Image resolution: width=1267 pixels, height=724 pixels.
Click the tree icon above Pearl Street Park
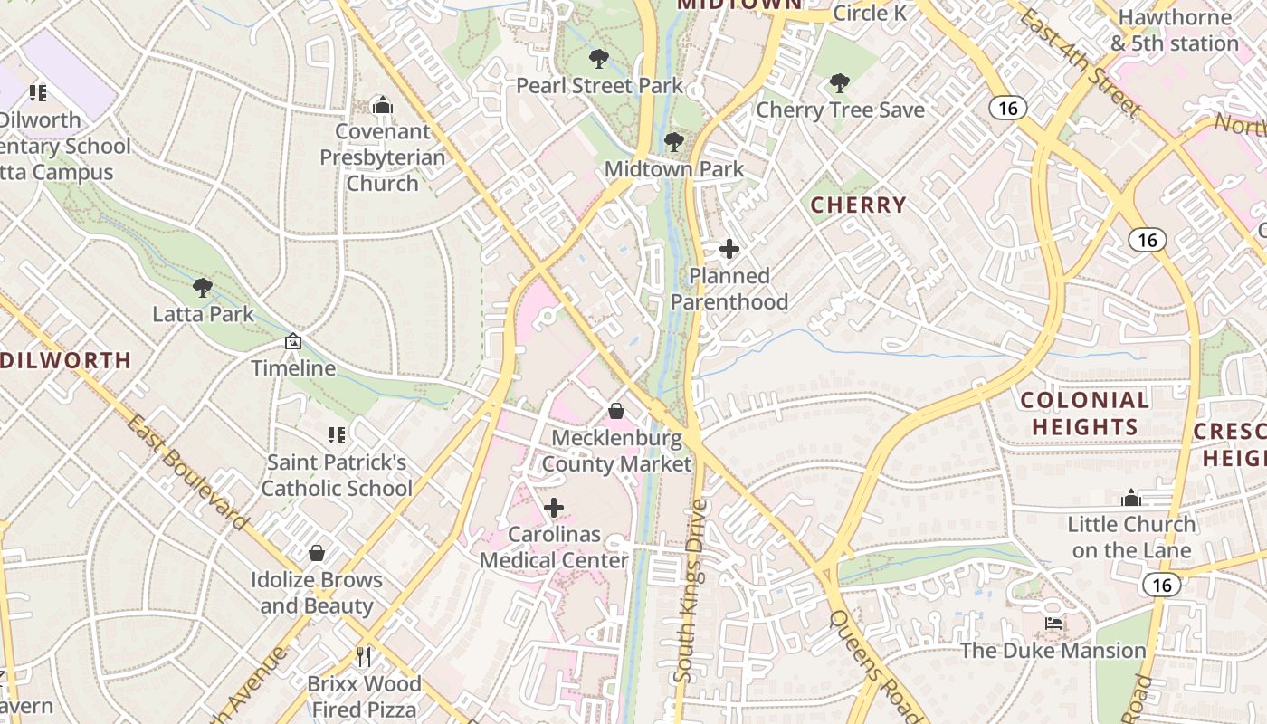(598, 60)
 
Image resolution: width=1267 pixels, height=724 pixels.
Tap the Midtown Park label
(673, 169)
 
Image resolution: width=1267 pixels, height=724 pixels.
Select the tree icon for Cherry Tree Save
(840, 83)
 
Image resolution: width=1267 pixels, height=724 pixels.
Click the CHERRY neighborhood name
(858, 205)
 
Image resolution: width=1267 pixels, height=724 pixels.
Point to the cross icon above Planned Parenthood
(729, 249)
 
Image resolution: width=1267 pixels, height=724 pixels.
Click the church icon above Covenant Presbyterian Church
(383, 106)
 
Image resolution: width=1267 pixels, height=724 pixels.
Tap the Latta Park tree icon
(203, 288)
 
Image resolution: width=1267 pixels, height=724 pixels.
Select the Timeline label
(293, 368)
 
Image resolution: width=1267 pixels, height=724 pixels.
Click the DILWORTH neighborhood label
(66, 360)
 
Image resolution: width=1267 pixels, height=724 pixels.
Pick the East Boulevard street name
(187, 472)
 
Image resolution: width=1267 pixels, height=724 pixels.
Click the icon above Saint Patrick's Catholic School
(337, 435)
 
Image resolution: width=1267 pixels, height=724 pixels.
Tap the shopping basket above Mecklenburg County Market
(616, 411)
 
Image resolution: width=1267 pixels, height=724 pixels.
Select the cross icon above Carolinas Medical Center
(554, 508)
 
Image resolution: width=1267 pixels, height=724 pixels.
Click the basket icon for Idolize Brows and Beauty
(317, 553)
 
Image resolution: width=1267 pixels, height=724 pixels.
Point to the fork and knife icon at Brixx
(364, 656)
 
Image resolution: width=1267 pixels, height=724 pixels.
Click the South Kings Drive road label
(690, 591)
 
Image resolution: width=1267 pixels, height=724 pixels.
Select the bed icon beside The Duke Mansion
(1053, 623)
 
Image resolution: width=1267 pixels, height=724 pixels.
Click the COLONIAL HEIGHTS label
(1084, 413)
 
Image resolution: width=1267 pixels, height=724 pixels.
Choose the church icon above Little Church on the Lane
(1131, 498)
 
